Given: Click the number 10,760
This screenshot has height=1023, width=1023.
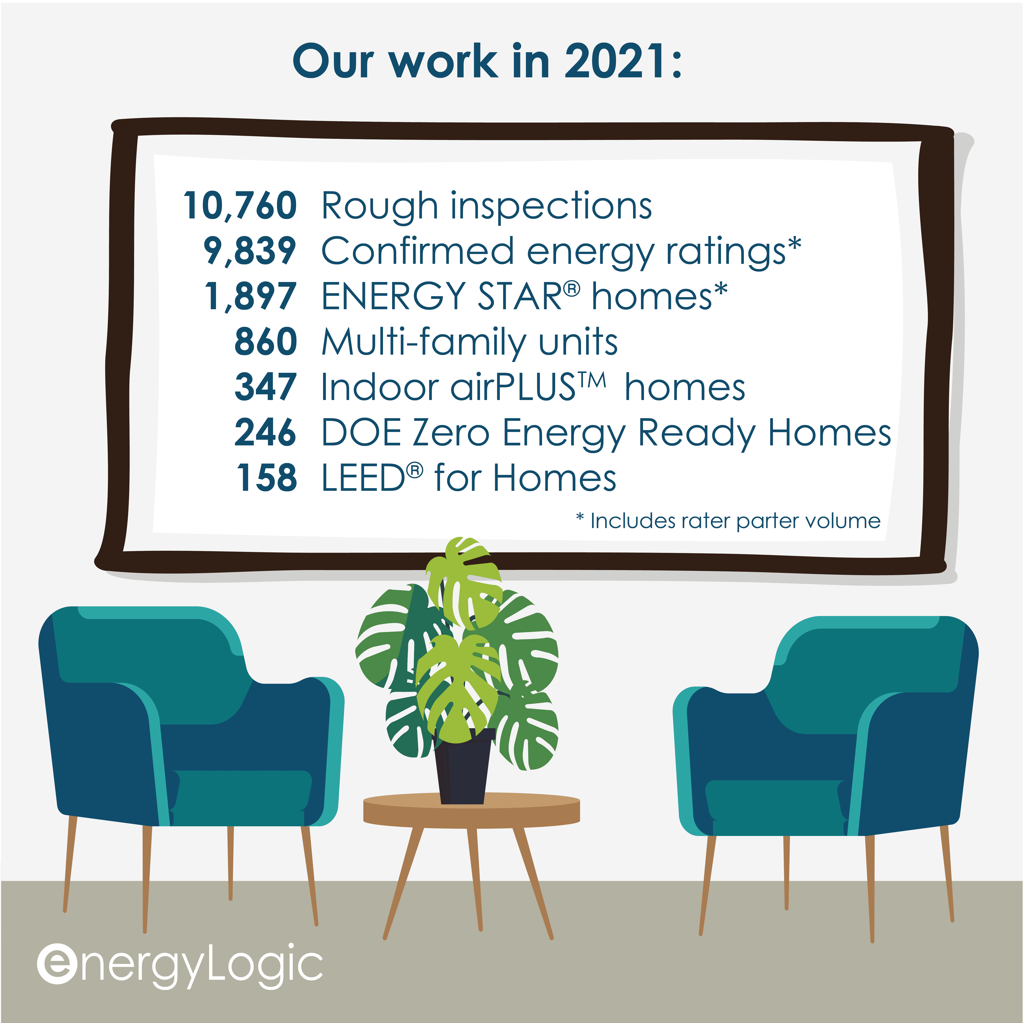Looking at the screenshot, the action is pyautogui.click(x=240, y=206).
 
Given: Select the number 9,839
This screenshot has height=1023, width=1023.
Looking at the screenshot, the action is pyautogui.click(x=250, y=251).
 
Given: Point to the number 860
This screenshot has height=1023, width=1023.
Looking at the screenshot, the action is pyautogui.click(x=266, y=342).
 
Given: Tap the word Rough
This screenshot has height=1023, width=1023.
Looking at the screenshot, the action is pyautogui.click(x=380, y=207).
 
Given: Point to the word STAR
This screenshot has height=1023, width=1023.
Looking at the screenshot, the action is pyautogui.click(x=520, y=297).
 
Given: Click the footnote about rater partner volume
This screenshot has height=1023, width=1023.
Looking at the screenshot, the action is pyautogui.click(x=728, y=521).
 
